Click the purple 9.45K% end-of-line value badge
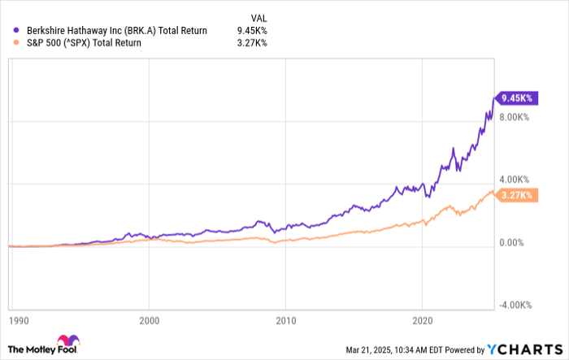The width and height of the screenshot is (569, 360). (515, 98)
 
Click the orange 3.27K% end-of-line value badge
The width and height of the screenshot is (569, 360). (515, 195)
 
